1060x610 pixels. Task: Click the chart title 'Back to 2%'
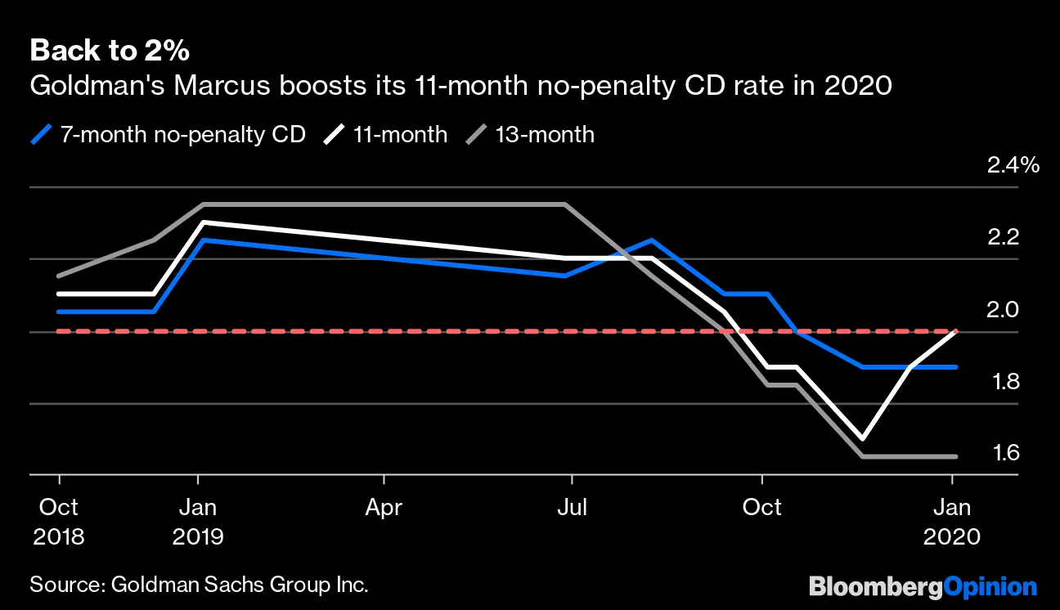(x=110, y=51)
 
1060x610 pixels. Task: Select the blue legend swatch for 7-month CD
(x=41, y=133)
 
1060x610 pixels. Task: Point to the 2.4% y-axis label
(x=1013, y=165)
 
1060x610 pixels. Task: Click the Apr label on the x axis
(x=384, y=508)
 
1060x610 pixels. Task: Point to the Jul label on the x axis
(x=572, y=508)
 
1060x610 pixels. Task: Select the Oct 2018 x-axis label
(x=59, y=522)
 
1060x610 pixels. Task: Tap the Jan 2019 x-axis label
(x=198, y=522)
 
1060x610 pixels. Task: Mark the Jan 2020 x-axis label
(x=953, y=522)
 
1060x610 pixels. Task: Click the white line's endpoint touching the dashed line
(x=954, y=331)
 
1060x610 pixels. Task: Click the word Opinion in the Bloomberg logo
(x=990, y=586)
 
